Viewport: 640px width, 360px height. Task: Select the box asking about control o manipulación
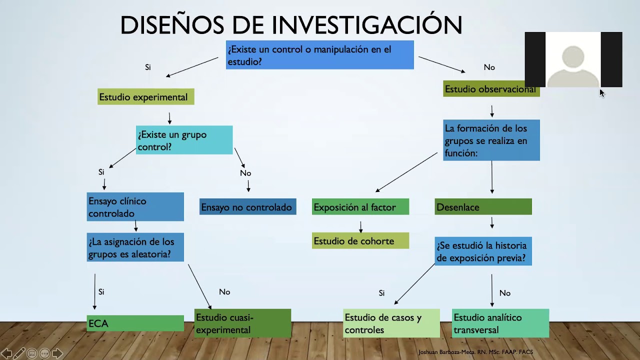(319, 55)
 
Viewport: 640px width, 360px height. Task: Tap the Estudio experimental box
(145, 97)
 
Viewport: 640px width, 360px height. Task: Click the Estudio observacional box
(491, 89)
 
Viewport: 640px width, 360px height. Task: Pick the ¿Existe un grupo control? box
(184, 140)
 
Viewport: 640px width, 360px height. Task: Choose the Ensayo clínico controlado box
(135, 207)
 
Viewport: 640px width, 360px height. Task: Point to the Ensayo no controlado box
(247, 207)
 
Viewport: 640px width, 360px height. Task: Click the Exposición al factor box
(360, 207)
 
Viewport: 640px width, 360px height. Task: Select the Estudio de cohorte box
(360, 241)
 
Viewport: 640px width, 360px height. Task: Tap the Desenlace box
(483, 207)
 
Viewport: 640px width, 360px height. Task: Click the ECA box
(135, 323)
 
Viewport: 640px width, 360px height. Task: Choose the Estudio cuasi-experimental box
(242, 323)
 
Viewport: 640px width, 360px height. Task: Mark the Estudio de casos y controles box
(391, 323)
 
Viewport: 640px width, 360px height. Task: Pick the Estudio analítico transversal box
(500, 323)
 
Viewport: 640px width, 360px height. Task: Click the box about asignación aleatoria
(135, 247)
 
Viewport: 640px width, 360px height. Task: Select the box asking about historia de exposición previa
(483, 251)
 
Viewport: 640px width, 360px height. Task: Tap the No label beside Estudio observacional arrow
(489, 67)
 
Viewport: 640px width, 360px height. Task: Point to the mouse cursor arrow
(601, 93)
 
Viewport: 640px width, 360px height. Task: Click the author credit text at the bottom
(475, 352)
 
